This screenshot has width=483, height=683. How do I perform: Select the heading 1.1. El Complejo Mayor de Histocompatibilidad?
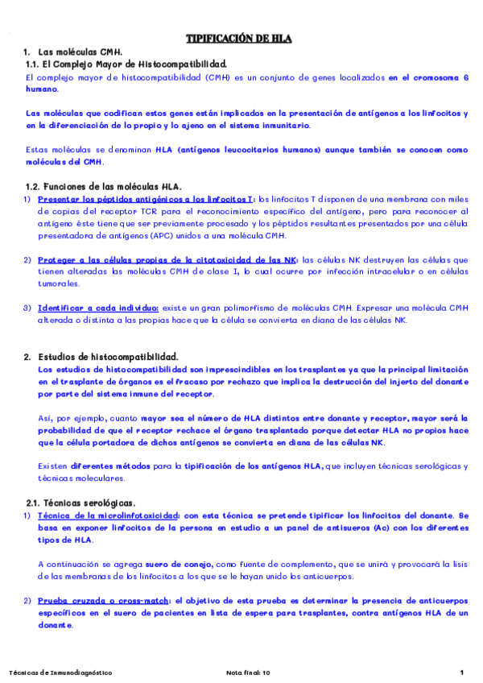[x=126, y=64]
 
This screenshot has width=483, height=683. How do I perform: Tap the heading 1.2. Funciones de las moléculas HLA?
[x=104, y=186]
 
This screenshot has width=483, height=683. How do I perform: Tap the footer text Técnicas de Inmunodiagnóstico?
[x=60, y=673]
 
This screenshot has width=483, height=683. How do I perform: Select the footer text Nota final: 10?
[x=249, y=673]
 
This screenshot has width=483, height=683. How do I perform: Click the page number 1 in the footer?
[x=462, y=673]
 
